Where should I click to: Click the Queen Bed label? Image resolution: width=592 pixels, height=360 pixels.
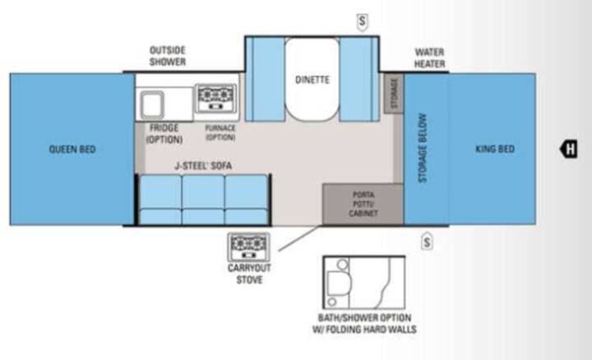point(72,150)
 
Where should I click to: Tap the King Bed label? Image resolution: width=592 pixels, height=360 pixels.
point(495,149)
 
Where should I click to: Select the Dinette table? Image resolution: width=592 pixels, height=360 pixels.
point(312,79)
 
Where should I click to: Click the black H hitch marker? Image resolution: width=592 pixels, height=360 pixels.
point(569,149)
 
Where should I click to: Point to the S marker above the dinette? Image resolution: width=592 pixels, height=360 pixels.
point(362,21)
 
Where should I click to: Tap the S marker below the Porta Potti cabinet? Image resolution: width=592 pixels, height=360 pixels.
point(427,242)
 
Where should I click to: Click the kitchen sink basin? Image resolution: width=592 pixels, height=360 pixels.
point(152,104)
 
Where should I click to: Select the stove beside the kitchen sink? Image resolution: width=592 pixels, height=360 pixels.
point(215,98)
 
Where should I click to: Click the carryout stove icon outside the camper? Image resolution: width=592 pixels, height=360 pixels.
point(248,247)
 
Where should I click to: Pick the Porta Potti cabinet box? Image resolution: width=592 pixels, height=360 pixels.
point(363,204)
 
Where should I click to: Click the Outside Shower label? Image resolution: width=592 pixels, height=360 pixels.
point(168,56)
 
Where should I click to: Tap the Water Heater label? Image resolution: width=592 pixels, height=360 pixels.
point(430,58)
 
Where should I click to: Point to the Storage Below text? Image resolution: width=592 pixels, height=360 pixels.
point(423,148)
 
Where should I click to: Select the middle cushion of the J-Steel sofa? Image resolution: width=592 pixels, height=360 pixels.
point(203,200)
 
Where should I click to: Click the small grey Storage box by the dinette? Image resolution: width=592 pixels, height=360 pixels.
point(394,93)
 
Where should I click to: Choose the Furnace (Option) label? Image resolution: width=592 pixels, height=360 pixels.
point(220,133)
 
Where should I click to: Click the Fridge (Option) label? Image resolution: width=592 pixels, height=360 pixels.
point(164,134)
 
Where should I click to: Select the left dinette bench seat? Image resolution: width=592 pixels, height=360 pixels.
point(265,79)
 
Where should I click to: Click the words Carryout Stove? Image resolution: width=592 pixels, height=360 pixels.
point(249,274)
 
